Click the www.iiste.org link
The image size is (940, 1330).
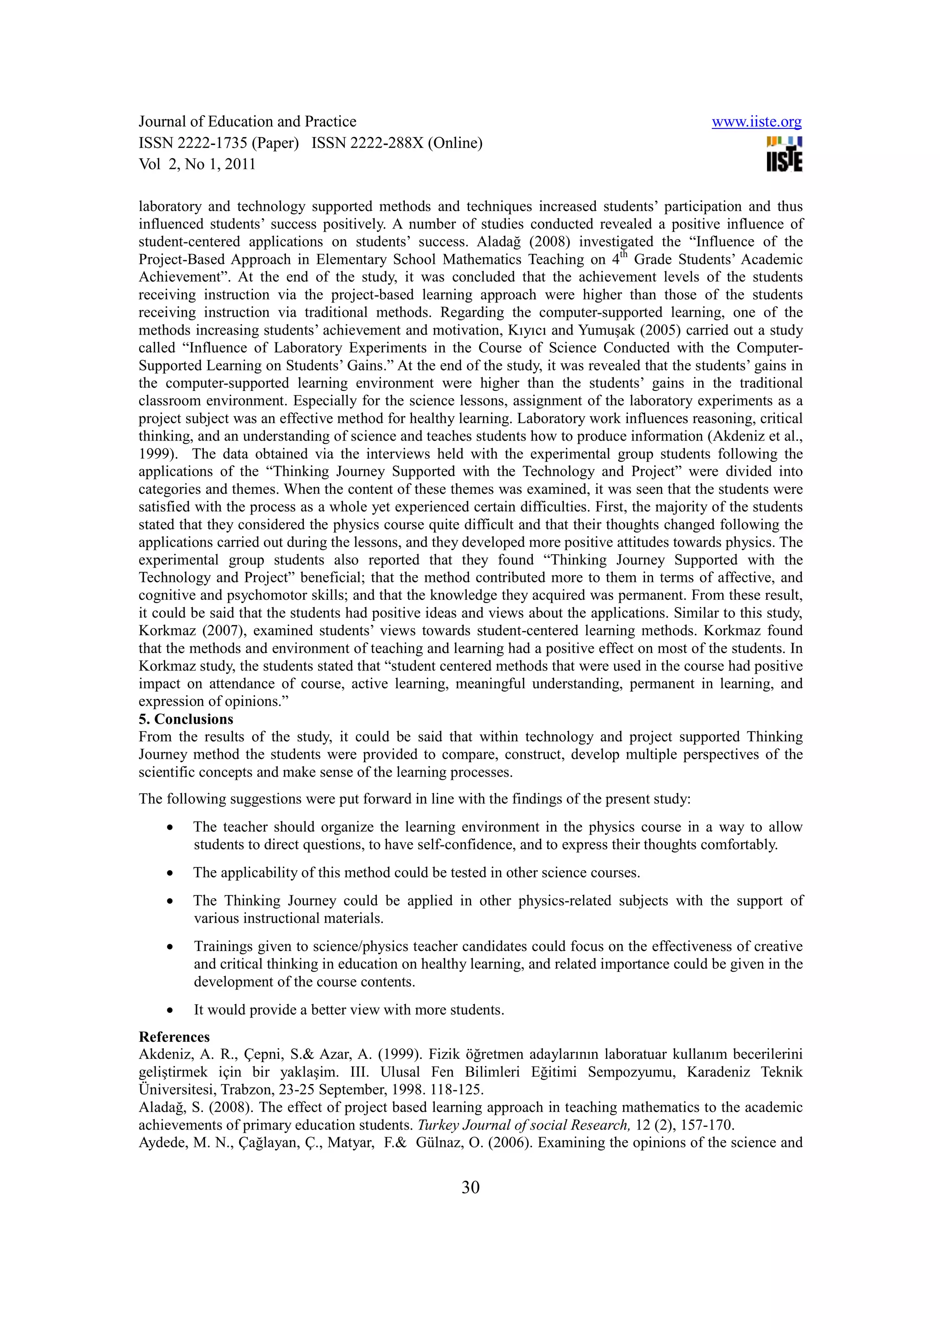point(756,122)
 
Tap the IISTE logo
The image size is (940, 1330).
point(784,155)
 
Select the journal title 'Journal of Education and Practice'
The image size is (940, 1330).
point(247,122)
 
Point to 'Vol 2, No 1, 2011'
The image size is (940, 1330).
point(197,164)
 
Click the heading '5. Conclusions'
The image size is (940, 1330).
point(185,720)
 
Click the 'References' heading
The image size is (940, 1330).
point(174,1037)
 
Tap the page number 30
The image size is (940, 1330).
point(470,1188)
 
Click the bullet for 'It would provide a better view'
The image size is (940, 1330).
point(170,1011)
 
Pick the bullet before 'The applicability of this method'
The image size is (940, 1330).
point(170,873)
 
